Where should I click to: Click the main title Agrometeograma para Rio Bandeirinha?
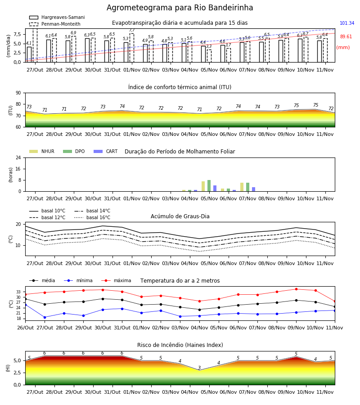tap(180, 8)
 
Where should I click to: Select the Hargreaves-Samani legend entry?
tap(57, 17)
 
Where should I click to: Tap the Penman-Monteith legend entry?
tap(55, 24)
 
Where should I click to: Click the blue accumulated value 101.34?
tap(347, 23)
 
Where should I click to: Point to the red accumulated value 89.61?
tap(346, 37)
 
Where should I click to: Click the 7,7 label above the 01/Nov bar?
tap(132, 31)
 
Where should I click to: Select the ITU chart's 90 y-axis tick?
tap(18, 93)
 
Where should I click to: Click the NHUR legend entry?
tap(42, 151)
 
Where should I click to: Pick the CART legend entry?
tap(105, 151)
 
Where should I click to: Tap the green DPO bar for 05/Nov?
tap(209, 186)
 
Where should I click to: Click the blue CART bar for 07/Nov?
tap(254, 189)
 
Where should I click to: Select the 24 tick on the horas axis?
tap(18, 158)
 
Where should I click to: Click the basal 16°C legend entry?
tap(92, 218)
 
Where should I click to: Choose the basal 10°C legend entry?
tap(47, 211)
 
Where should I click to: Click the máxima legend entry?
tap(116, 280)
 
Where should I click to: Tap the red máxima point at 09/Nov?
tap(296, 289)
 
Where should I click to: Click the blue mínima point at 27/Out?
tap(45, 317)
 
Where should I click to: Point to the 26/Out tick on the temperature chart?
tap(25, 328)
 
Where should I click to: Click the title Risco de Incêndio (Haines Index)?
tap(180, 345)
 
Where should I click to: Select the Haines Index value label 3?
tap(199, 368)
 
